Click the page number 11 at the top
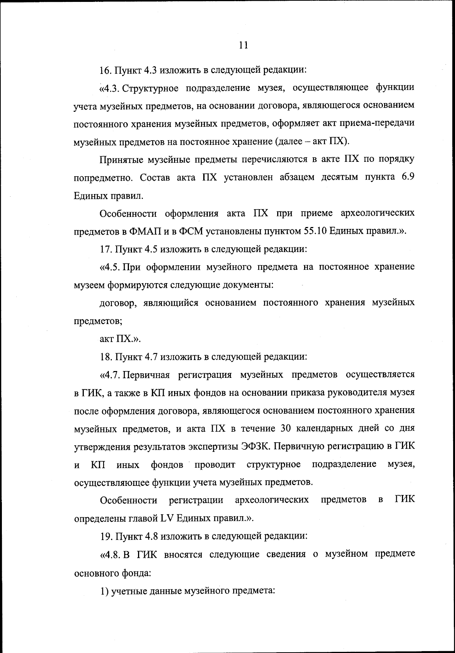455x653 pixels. (244, 45)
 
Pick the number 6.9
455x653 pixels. (406, 177)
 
